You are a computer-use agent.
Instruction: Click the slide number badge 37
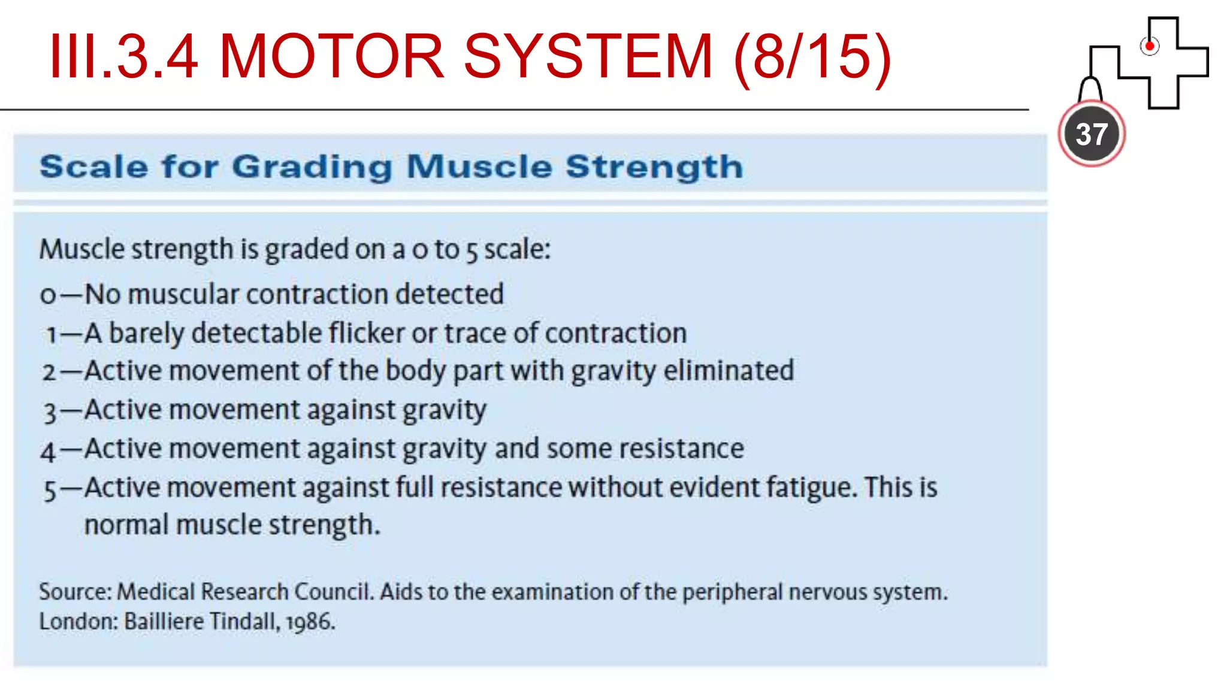click(1091, 134)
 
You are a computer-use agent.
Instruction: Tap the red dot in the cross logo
click(1149, 46)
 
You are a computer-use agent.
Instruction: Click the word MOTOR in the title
click(331, 56)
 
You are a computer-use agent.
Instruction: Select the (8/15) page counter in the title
click(812, 57)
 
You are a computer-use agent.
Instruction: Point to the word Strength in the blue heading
click(654, 167)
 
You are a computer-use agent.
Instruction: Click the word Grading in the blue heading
click(312, 167)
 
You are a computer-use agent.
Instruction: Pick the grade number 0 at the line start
click(48, 295)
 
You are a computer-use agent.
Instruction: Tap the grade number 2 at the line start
click(49, 373)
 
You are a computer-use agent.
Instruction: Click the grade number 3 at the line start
click(50, 412)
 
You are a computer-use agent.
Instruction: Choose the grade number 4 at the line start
click(48, 451)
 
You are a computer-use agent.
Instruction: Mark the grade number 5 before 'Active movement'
click(50, 490)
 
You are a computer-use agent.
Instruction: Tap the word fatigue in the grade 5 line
click(811, 488)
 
